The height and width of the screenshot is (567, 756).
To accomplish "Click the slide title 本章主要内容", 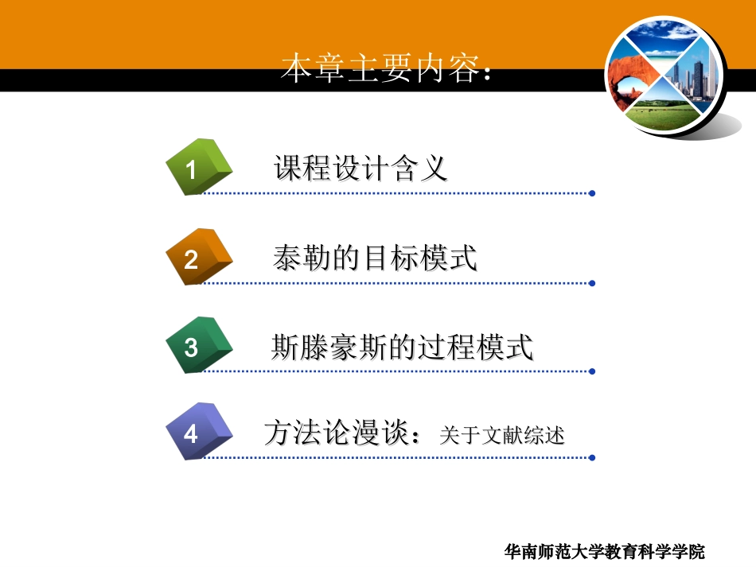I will [x=387, y=69].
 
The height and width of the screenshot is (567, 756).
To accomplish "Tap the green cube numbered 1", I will [x=197, y=167].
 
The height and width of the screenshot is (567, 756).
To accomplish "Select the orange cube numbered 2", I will [x=197, y=257].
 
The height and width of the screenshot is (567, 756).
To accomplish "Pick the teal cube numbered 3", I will [x=197, y=345].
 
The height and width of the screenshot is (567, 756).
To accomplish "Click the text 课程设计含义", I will [x=360, y=169].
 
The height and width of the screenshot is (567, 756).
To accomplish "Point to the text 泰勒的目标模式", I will [x=374, y=258].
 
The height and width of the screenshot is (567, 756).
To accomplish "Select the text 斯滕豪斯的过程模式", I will [x=402, y=348].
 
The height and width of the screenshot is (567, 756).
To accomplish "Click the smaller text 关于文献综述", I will [x=501, y=436].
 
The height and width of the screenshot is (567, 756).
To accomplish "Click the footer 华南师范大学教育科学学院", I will [x=605, y=551].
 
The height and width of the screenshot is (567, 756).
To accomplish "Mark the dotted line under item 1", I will [x=398, y=193].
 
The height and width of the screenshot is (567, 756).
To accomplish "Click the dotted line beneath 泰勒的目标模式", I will [x=398, y=282].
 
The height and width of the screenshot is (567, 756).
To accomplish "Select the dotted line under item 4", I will [x=398, y=458].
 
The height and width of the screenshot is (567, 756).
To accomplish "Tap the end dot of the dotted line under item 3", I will [x=592, y=371].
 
